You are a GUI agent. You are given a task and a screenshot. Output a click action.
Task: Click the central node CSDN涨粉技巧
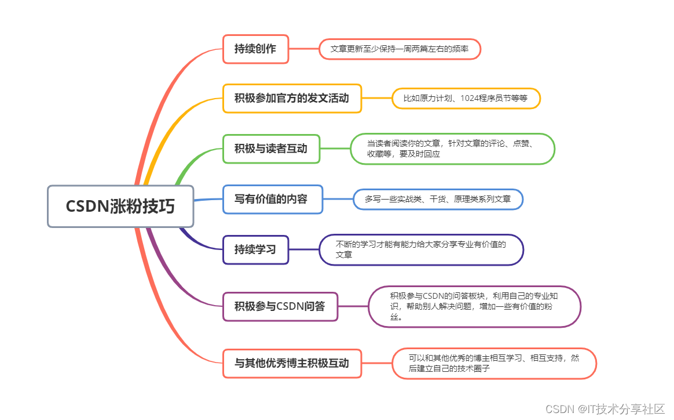(x=120, y=207)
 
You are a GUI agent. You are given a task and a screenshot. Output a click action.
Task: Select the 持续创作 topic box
(x=255, y=49)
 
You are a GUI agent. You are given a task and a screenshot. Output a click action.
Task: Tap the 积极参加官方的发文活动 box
(x=292, y=98)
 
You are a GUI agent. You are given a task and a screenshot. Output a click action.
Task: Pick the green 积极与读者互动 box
(x=271, y=149)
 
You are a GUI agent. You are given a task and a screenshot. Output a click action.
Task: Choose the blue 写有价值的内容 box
(x=272, y=199)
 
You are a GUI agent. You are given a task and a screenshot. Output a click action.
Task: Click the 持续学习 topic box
(x=255, y=249)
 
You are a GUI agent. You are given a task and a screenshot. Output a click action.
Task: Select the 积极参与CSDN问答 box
(x=280, y=306)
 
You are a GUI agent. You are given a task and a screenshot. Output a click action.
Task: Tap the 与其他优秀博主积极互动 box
(x=292, y=364)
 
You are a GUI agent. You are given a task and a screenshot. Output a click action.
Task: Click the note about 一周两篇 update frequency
(x=400, y=49)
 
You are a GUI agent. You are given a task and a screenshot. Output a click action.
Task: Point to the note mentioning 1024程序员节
(x=466, y=98)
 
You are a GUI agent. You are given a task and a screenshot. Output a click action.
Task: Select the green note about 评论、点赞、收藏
(x=452, y=149)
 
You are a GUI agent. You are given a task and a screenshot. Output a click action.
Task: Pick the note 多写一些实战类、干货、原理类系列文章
(x=438, y=199)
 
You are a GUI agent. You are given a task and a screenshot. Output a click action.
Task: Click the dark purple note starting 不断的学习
(x=421, y=249)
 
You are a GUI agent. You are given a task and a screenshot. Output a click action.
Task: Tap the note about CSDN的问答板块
(x=474, y=306)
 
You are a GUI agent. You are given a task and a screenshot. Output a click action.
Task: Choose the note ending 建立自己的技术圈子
(x=494, y=364)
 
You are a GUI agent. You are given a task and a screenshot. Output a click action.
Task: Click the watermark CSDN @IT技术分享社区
(x=605, y=409)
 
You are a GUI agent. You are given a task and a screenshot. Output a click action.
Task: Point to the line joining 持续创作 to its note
(x=304, y=49)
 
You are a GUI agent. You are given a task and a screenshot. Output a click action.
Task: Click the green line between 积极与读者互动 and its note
(x=335, y=149)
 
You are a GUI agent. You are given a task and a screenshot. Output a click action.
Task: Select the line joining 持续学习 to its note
(x=304, y=249)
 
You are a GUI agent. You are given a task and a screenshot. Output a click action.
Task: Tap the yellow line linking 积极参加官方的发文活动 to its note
(x=377, y=98)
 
